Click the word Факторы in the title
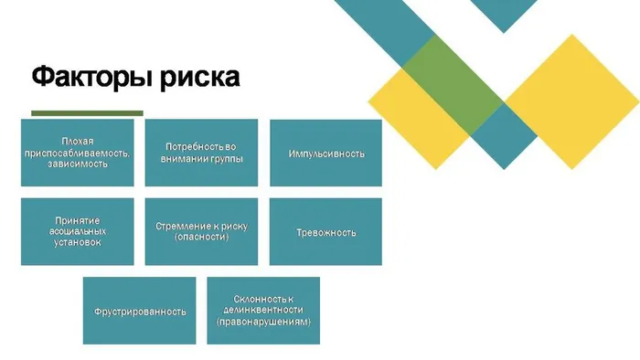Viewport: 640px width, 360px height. [86, 77]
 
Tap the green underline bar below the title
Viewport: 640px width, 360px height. [88, 113]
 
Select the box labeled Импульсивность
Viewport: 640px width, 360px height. [325, 153]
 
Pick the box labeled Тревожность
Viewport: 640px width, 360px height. [325, 232]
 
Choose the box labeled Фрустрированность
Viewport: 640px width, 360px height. [139, 311]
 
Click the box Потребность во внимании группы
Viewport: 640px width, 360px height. [201, 153]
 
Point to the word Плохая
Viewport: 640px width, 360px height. [77, 142]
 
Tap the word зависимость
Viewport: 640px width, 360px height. [77, 164]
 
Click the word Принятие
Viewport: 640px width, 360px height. [77, 220]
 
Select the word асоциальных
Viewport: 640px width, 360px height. [77, 232]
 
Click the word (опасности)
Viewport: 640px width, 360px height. [201, 238]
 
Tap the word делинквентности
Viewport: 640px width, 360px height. [263, 311]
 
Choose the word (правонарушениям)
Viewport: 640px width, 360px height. [263, 323]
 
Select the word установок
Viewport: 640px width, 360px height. [77, 244]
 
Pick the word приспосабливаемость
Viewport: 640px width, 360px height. [77, 153]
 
